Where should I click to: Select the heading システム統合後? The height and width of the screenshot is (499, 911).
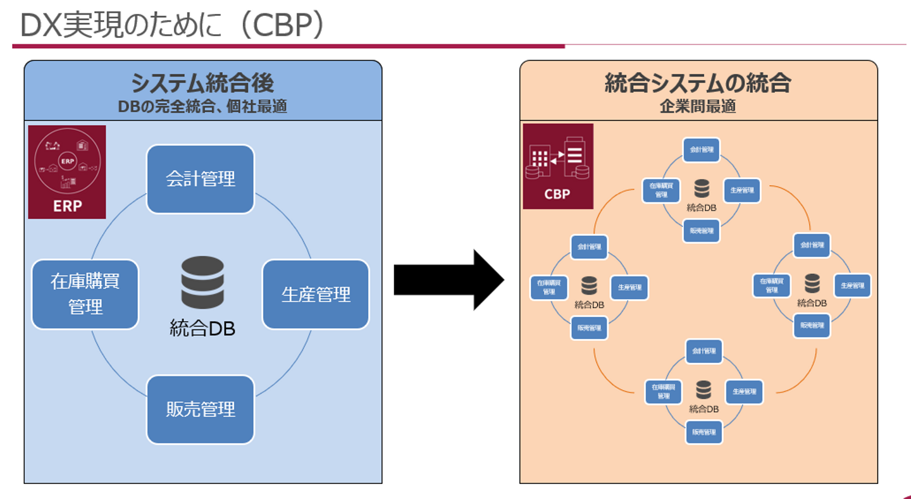click(202, 83)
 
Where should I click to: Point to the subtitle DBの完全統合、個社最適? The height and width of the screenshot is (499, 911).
click(202, 106)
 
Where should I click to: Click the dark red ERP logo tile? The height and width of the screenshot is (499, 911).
click(67, 172)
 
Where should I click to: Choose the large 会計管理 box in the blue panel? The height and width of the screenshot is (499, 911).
click(201, 179)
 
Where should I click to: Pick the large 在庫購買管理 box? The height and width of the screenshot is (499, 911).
click(85, 294)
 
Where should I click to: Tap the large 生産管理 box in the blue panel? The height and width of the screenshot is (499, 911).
click(316, 294)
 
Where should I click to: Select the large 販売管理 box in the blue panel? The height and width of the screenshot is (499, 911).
click(201, 409)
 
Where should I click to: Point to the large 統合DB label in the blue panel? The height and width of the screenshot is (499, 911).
click(202, 328)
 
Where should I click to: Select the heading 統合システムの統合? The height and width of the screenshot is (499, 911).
click(698, 83)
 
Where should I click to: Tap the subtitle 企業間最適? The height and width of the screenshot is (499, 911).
click(698, 106)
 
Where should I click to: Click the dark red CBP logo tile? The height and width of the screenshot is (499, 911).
click(558, 166)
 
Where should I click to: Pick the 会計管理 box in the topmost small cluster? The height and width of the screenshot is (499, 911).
click(702, 150)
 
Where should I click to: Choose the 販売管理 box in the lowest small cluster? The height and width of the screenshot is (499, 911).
click(703, 432)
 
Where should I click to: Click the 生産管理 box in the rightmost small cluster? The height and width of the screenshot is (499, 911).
click(852, 285)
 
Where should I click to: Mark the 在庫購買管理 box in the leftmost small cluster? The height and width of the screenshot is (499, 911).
click(548, 287)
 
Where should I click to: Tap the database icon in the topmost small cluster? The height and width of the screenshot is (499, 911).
click(702, 188)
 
